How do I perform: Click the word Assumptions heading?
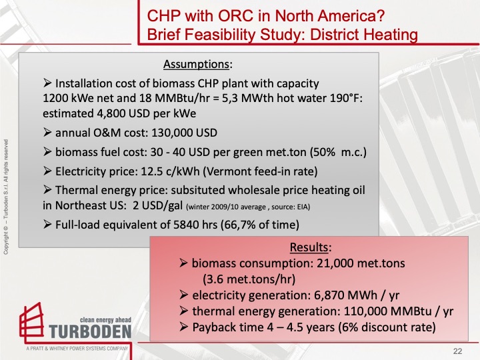pos(197,65)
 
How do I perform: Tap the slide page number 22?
pos(457,351)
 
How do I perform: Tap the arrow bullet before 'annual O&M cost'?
pos(47,132)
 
